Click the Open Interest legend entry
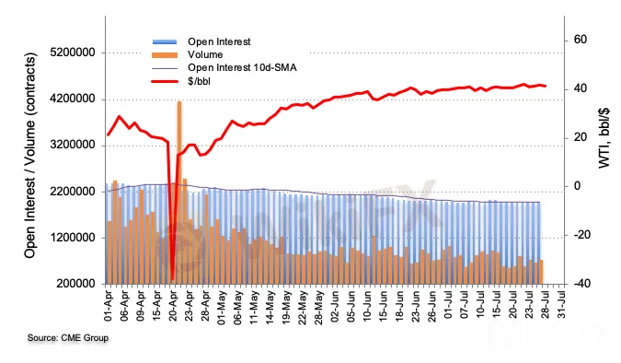pos(219,41)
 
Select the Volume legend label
pos(205,54)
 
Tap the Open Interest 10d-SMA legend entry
pos(242,68)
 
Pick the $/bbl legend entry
pos(199,81)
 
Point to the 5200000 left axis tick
pos(73,53)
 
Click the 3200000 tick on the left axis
pos(73,146)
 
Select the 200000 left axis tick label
pos(75,284)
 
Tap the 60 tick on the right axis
pos(581,40)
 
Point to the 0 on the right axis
pos(577,186)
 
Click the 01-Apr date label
pos(109,306)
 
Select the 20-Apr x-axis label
pos(173,306)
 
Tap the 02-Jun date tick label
pos(335,306)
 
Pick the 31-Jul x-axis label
pos(561,305)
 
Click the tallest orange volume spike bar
pos(179,193)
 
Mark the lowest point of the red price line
pos(172,280)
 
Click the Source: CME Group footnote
pos(68,338)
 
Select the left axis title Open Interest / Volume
pos(30,156)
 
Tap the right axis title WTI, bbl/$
pos(604,137)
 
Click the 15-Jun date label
pos(383,306)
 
